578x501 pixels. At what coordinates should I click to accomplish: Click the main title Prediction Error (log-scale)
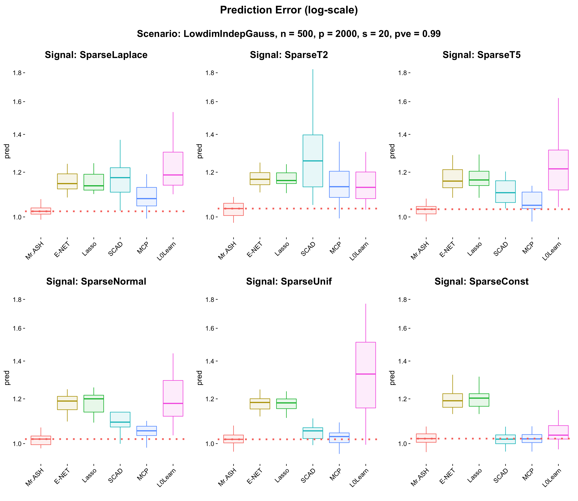pyautogui.click(x=289, y=10)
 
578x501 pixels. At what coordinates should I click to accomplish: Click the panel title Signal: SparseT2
pyautogui.click(x=289, y=55)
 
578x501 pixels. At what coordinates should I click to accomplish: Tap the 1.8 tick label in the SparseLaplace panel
pyautogui.click(x=17, y=73)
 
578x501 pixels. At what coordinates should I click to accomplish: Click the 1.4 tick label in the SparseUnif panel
pyautogui.click(x=210, y=361)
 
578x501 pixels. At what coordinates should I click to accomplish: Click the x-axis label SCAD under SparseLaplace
pyautogui.click(x=115, y=249)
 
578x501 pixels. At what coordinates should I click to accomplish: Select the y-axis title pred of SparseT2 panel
pyautogui.click(x=199, y=151)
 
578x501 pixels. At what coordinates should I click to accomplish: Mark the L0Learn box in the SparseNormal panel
pyautogui.click(x=173, y=398)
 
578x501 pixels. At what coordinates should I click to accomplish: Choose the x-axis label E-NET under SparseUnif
pyautogui.click(x=255, y=476)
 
